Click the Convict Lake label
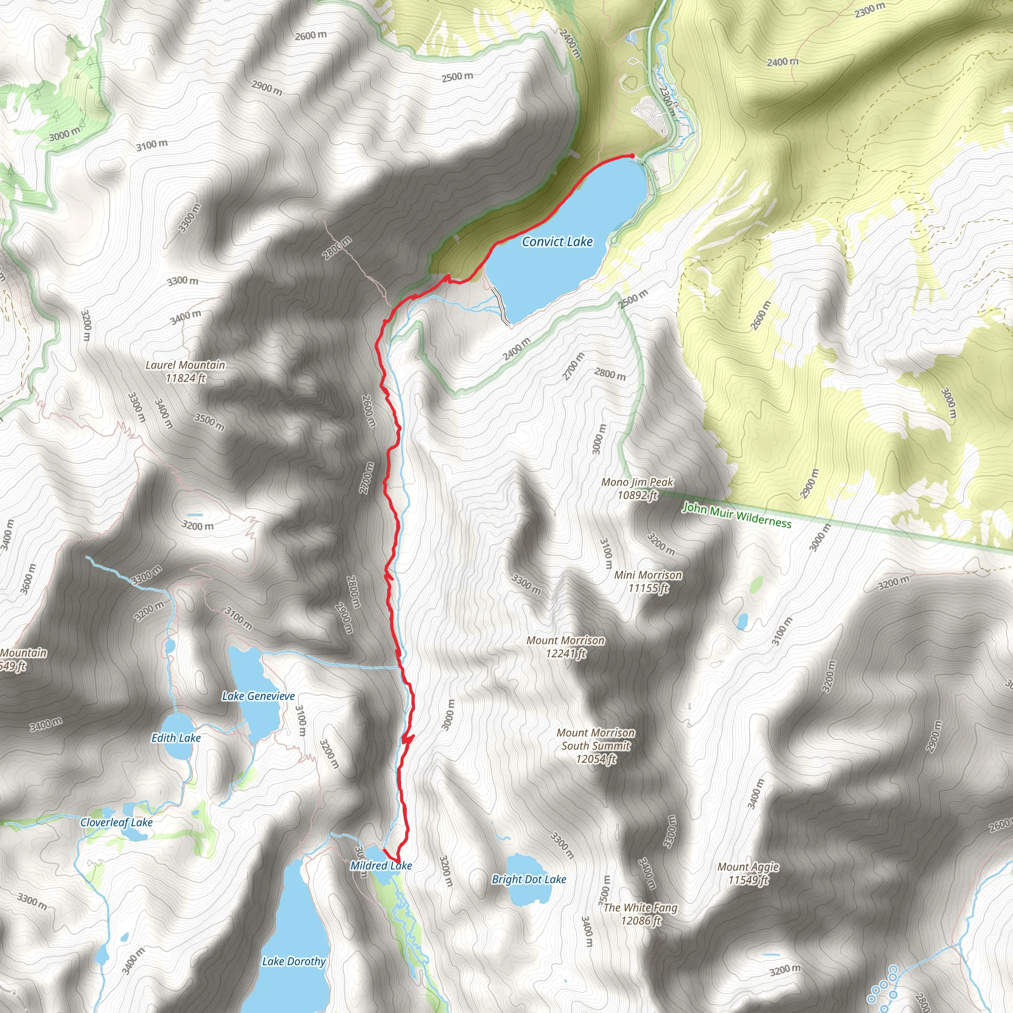tap(557, 242)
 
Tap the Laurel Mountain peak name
tap(185, 365)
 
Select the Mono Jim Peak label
tap(637, 482)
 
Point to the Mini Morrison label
tap(648, 575)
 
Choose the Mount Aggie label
tap(748, 867)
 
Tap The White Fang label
tap(640, 908)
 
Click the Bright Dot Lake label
tap(529, 879)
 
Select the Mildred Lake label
tap(381, 866)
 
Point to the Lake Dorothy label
tap(294, 961)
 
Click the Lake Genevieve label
tap(258, 696)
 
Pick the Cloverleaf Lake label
tap(116, 822)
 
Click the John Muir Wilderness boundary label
tap(737, 515)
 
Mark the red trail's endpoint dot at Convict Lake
tap(632, 156)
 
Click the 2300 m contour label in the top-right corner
tap(870, 10)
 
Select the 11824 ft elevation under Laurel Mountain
tap(185, 378)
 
